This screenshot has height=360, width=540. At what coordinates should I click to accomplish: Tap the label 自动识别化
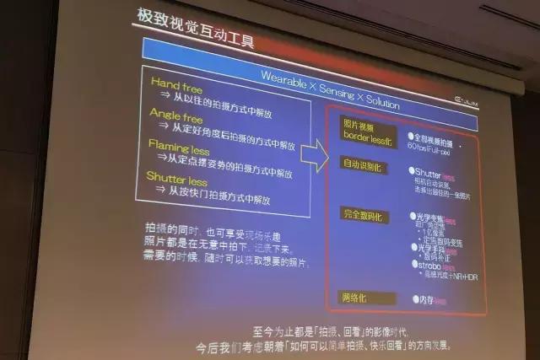point(362,164)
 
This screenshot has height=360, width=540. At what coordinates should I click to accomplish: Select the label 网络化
point(358,297)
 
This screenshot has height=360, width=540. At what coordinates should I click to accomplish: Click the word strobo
point(431,265)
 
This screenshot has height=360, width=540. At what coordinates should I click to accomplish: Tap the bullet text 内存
point(427,299)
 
